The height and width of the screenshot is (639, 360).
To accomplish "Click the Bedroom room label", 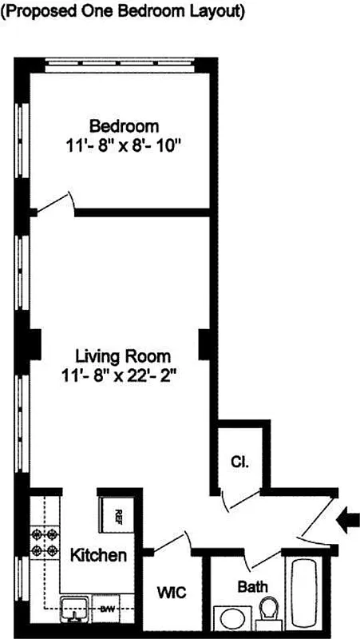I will pos(124,125).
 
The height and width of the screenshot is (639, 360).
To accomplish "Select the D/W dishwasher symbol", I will pos(107,609).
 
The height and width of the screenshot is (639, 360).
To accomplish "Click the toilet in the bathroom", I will pos(269,613).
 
